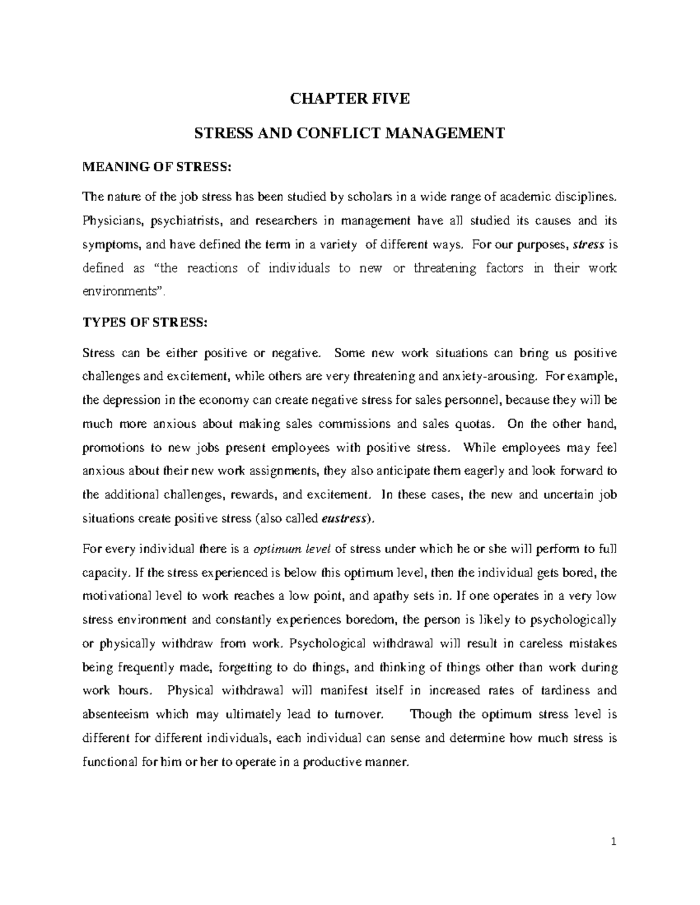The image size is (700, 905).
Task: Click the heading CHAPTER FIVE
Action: (350, 99)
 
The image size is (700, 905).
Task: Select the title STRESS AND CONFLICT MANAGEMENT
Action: (349, 133)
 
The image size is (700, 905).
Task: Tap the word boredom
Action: (371, 619)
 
